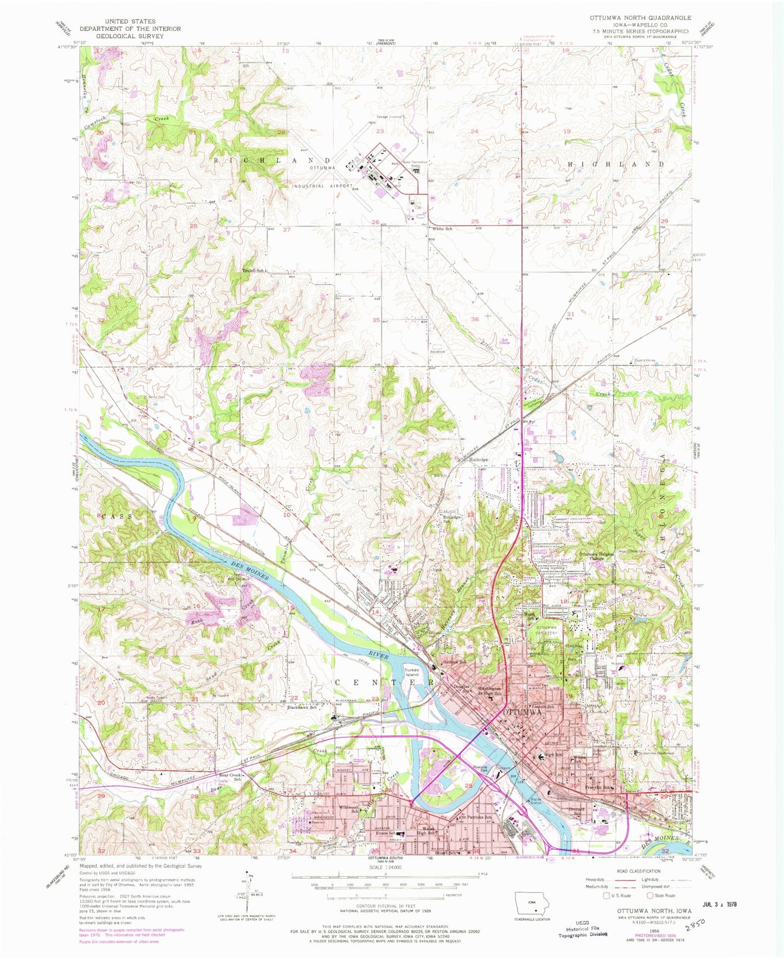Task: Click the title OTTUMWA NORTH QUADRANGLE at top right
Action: click(640, 18)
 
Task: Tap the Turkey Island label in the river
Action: click(412, 672)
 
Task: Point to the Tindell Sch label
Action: click(253, 270)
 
